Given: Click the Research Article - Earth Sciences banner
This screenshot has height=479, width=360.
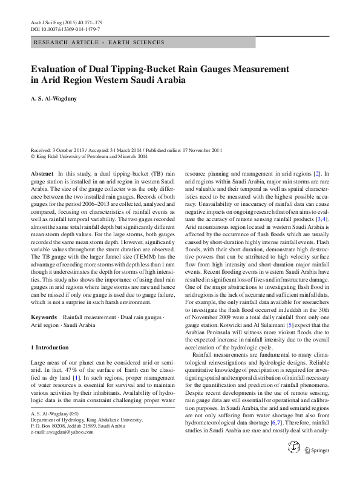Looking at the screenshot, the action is (x=100, y=43).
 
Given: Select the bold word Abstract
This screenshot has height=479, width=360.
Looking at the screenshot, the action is (x=41, y=173).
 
